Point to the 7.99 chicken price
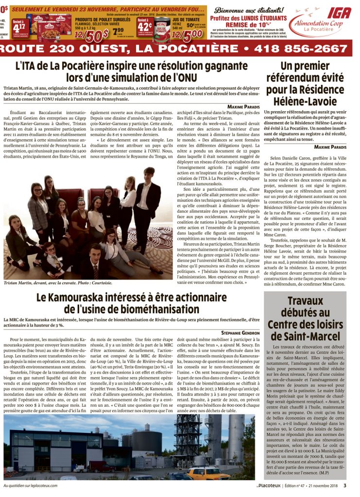point(118,31)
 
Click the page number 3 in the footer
point(345,484)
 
